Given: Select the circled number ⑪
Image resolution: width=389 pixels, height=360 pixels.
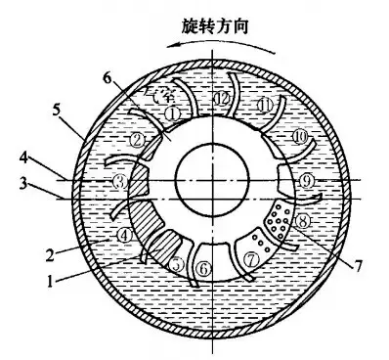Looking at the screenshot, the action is click(x=263, y=105).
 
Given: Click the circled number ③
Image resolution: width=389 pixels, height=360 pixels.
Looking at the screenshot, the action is click(x=118, y=181).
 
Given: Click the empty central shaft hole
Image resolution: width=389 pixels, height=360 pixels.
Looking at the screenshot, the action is click(x=208, y=182).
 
